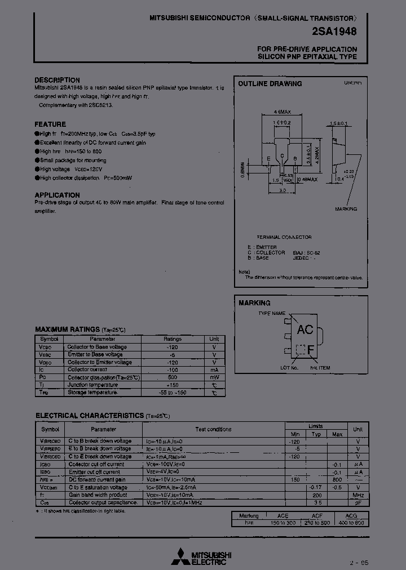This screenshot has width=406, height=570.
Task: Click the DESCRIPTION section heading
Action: (57, 80)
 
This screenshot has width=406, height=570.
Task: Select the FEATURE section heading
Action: (50, 124)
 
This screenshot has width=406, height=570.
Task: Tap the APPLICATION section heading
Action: (57, 195)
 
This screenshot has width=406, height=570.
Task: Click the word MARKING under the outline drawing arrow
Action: (346, 209)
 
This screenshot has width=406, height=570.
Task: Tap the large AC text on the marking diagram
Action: (304, 330)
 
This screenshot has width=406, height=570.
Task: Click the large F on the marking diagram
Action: (310, 350)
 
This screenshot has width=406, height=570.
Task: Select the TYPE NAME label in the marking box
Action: (272, 313)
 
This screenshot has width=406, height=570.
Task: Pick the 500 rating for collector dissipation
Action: (172, 377)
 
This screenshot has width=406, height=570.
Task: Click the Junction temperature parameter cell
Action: (93, 385)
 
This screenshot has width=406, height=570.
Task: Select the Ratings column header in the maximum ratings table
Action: (172, 339)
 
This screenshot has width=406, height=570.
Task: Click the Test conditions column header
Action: (213, 429)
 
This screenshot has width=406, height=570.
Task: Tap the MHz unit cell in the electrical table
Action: (358, 495)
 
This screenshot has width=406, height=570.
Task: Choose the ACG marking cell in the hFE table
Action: (355, 515)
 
